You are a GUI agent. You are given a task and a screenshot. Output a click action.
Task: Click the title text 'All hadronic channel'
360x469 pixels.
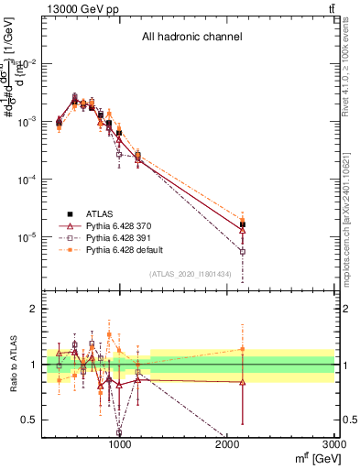tap(191, 38)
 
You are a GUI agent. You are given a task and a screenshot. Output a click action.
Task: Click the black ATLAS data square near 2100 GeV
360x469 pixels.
tap(243, 224)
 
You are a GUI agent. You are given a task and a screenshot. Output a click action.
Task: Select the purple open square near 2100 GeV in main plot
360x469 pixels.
tap(243, 251)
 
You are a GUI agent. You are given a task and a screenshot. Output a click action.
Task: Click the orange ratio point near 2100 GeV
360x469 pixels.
tap(243, 349)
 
